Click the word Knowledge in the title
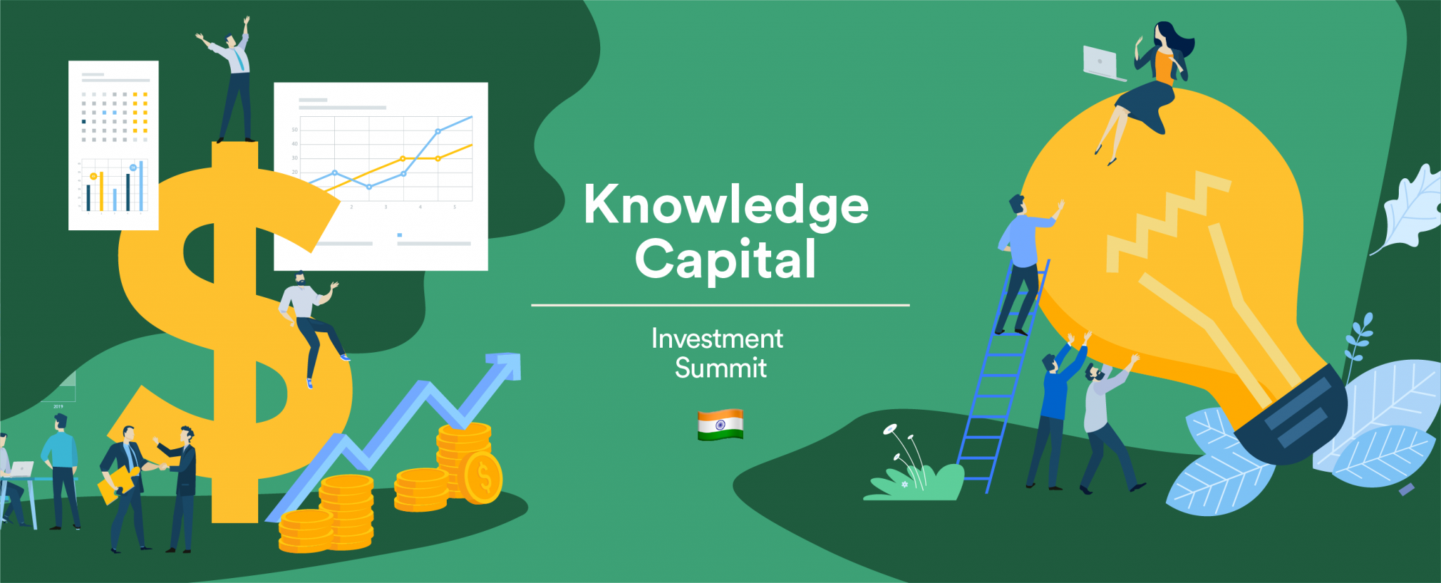click(x=725, y=205)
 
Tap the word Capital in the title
click(x=725, y=259)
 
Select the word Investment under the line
click(x=717, y=339)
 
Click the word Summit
click(x=720, y=368)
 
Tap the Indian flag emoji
click(x=720, y=425)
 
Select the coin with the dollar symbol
click(x=483, y=478)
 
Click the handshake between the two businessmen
click(x=153, y=465)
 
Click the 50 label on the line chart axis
click(x=295, y=130)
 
